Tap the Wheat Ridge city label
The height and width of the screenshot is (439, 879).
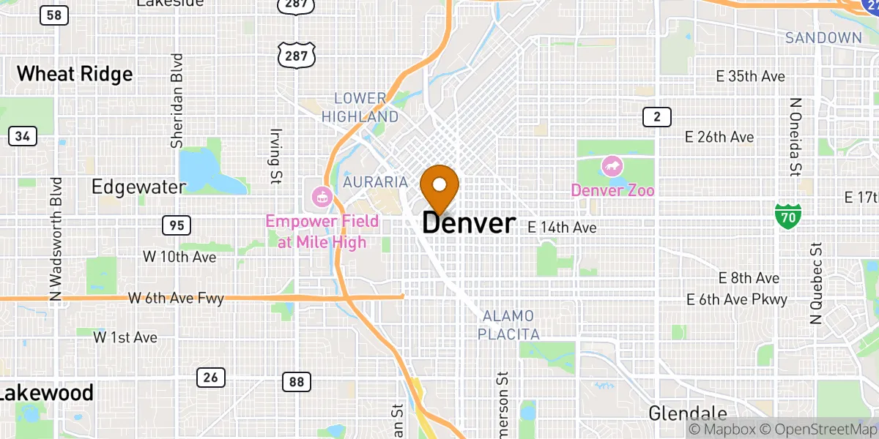pos(75,74)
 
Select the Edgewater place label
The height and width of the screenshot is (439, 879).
pos(138,187)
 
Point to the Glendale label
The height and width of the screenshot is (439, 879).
pos(688,413)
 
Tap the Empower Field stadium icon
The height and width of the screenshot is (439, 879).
pos(322,196)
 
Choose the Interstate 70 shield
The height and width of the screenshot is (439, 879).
pos(788,215)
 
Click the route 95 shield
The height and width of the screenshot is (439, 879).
pos(177,225)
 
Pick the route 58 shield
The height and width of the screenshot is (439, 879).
pos(52,14)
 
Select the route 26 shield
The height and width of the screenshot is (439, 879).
pos(210,378)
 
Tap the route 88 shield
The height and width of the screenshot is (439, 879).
pos(296,381)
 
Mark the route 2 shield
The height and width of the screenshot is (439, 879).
pos(657,116)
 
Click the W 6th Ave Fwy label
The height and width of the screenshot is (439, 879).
pos(176,299)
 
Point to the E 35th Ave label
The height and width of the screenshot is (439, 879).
pos(751,77)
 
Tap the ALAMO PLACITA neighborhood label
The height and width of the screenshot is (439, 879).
pos(508,325)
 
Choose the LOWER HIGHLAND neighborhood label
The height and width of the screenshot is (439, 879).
pos(360,108)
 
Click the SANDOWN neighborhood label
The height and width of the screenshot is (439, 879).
pos(823,37)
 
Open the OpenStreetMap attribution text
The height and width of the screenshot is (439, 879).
pos(817,429)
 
